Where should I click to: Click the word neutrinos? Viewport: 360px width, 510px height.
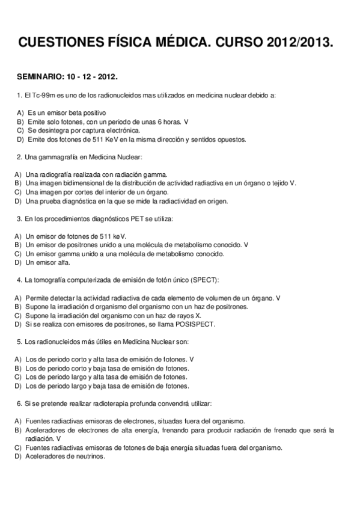(88, 456)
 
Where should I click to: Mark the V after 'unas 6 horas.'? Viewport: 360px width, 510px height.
(186, 121)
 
